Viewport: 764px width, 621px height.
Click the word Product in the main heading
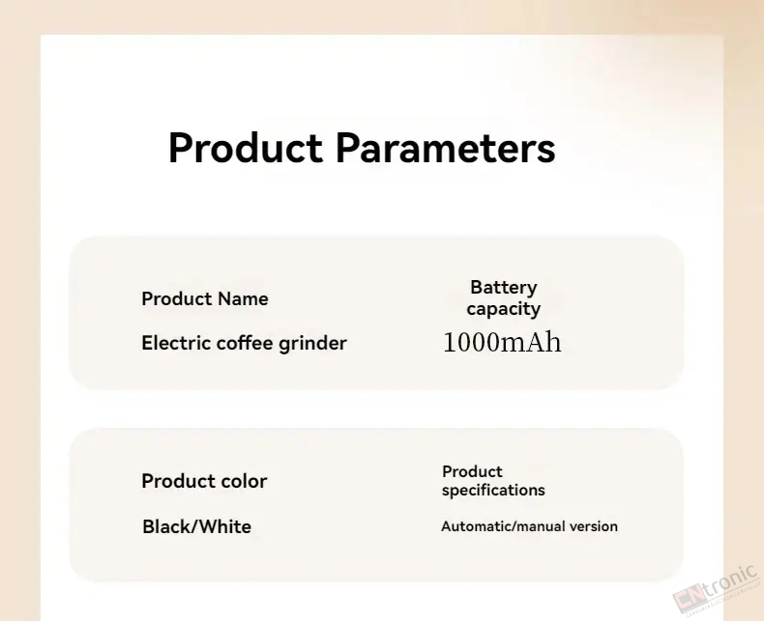[x=245, y=148]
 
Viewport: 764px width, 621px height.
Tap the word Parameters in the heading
[x=445, y=148]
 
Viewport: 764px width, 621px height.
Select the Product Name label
[x=205, y=298]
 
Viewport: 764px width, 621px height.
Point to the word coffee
[x=245, y=343]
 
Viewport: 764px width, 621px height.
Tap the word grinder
[x=312, y=344]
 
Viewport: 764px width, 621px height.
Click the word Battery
[x=504, y=288]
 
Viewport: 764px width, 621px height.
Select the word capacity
[x=503, y=309]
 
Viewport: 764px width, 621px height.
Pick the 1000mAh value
[x=502, y=342]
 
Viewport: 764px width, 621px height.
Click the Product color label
[x=204, y=481]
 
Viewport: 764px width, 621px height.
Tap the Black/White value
[x=197, y=526]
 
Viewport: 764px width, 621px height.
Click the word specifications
[x=493, y=490]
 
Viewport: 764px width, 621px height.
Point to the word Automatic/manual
[x=503, y=526]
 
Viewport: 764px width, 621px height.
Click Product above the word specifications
[x=472, y=471]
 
